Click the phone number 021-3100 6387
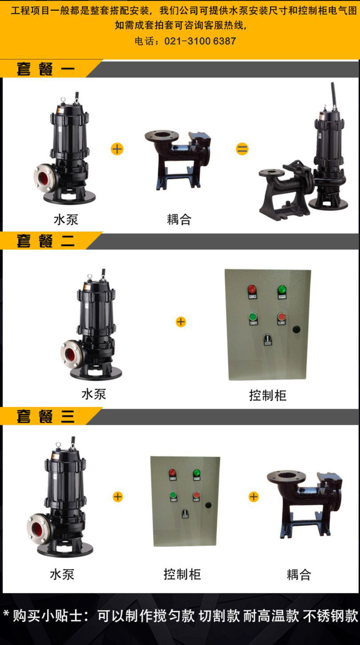coord(200,41)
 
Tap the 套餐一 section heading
coord(45,69)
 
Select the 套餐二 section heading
coord(45,241)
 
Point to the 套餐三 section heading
coord(45,416)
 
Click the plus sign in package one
coord(117,149)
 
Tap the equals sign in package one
coord(242,149)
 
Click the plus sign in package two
coord(181,322)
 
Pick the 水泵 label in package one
coord(66,220)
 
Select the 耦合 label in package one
coord(179,219)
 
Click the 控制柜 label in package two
coord(268,395)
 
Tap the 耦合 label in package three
coord(299,574)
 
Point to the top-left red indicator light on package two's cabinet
coord(252,289)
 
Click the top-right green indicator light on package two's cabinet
coord(282,289)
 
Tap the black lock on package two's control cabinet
coord(296,329)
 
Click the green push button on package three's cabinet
coord(173,495)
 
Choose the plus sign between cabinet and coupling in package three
coord(254,497)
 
